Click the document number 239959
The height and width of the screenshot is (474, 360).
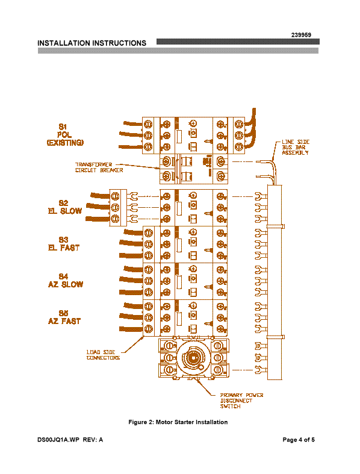301,35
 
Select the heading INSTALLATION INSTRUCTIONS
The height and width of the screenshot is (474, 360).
92,43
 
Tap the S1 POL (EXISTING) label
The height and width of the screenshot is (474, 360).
65,135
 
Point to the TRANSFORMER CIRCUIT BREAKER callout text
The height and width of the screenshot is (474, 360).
99,167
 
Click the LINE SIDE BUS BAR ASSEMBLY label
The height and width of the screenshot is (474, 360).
296,147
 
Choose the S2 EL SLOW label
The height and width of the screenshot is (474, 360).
64,207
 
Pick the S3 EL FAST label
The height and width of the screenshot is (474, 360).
64,244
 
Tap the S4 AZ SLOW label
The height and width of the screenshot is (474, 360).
65,281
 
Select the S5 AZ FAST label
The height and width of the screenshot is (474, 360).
64,317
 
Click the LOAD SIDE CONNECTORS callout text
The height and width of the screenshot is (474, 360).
103,355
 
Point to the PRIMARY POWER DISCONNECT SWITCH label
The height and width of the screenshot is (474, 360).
241,401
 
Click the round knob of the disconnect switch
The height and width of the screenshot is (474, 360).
192,358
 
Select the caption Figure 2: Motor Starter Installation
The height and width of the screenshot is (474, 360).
178,422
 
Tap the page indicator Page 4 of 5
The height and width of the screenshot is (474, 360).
299,440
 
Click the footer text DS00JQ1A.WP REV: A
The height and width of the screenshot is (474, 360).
70,440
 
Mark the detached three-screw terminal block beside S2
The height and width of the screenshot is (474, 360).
118,208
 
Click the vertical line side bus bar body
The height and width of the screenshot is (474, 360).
275,282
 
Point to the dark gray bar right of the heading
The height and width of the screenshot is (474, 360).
238,42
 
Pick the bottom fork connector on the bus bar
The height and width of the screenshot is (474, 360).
261,370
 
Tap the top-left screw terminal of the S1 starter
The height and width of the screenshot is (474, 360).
148,124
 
